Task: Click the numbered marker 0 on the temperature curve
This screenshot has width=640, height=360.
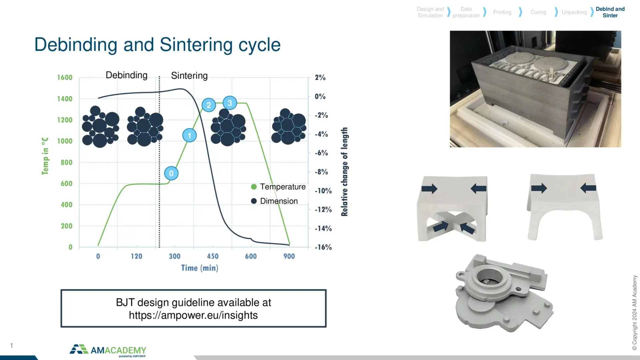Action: coord(171,173)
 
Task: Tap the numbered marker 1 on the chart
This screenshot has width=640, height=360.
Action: coord(190,135)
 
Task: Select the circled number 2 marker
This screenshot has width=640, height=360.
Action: coord(209,105)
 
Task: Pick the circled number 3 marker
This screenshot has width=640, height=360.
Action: coord(230,103)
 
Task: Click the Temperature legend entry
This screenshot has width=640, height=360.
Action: coord(278,187)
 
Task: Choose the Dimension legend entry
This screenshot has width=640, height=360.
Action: coord(274,201)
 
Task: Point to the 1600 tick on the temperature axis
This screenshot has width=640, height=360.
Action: coord(65,78)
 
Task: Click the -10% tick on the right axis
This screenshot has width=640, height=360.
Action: coord(323,191)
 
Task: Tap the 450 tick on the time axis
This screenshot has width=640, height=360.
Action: coord(213,256)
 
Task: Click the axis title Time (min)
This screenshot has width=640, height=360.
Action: coord(200,268)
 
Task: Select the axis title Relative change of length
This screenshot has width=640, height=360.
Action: coord(344,172)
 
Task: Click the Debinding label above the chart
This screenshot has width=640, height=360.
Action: coord(127,75)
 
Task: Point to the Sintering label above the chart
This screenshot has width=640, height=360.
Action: coord(189,76)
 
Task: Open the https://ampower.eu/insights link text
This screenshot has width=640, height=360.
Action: coord(193,315)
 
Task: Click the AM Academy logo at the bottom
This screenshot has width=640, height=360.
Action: coord(108,351)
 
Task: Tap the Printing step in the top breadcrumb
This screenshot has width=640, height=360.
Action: coord(502,12)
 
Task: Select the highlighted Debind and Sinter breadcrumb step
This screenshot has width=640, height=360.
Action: coord(610,12)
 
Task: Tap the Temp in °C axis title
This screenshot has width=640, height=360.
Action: coord(45,156)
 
